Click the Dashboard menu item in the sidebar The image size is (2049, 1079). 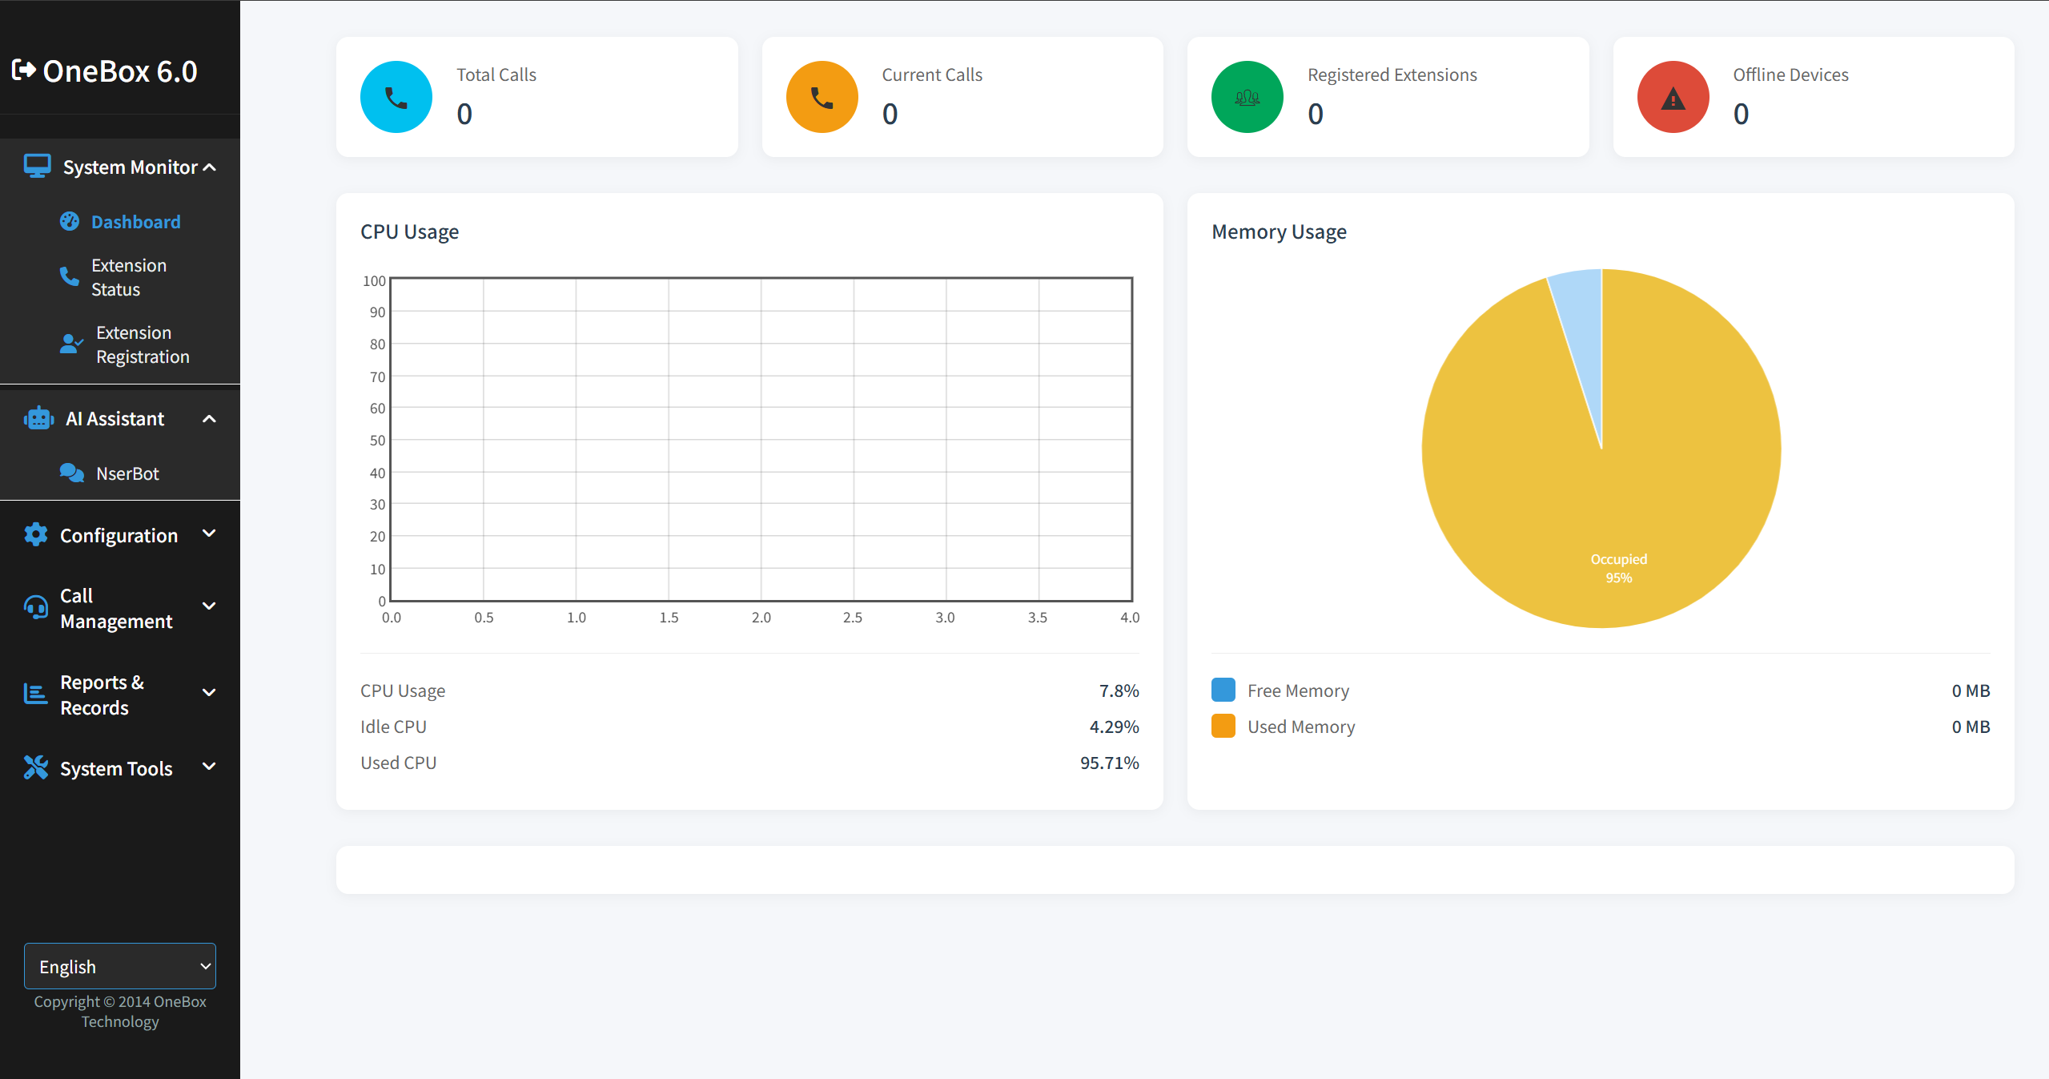(x=135, y=222)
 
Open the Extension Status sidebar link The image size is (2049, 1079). (x=128, y=277)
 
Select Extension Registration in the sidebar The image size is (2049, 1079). (x=142, y=344)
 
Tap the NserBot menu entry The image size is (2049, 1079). (x=127, y=473)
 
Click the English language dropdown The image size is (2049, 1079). (x=120, y=966)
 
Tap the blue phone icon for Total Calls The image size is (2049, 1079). (x=396, y=97)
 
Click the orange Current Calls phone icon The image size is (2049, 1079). (x=822, y=97)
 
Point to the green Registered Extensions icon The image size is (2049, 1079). (x=1247, y=97)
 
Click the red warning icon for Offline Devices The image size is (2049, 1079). (x=1673, y=97)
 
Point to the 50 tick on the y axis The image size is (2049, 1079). (x=377, y=441)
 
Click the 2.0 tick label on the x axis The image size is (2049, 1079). (x=761, y=618)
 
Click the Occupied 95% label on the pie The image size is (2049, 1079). (x=1619, y=568)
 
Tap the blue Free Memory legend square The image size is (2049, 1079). (x=1223, y=690)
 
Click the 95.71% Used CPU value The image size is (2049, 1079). (x=1109, y=763)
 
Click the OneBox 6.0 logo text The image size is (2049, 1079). (x=120, y=71)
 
